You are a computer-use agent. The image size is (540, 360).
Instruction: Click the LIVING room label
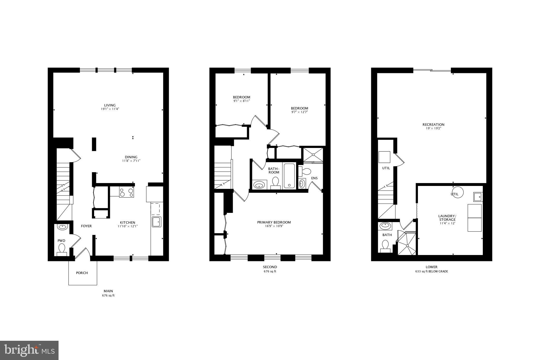(x=110, y=105)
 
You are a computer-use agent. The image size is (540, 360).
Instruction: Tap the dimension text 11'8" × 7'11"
(x=131, y=161)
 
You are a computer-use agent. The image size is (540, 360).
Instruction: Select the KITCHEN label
(x=128, y=222)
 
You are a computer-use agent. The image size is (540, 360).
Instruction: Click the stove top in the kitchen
(x=127, y=192)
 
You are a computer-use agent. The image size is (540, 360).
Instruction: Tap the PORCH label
(x=82, y=273)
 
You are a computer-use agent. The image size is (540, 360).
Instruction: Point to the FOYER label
(x=86, y=226)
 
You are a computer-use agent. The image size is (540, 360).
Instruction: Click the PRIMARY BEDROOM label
(x=274, y=222)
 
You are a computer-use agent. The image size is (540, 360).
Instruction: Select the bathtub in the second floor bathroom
(x=289, y=175)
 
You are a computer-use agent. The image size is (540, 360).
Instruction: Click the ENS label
(x=314, y=178)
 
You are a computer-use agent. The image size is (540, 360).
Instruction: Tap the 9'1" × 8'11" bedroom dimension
(x=242, y=101)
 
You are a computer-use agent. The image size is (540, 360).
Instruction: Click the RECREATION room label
(x=433, y=124)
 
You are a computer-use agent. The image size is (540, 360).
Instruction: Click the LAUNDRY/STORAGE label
(x=447, y=218)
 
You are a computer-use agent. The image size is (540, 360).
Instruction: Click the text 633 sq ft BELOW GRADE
(x=431, y=271)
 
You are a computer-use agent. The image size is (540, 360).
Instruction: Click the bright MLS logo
(x=29, y=350)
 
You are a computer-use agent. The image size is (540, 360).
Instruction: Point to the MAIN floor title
(x=108, y=291)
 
